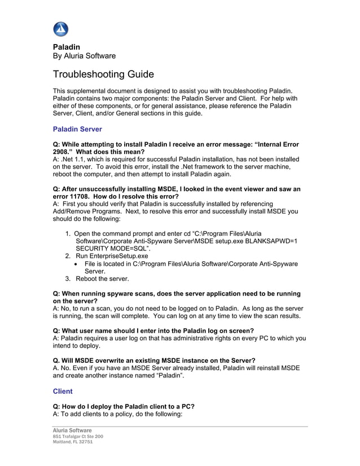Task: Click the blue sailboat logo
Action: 60,29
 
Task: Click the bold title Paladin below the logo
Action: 66,46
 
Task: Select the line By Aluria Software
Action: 84,56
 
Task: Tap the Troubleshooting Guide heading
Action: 103,74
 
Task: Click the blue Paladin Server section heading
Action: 77,129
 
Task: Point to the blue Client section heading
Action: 63,391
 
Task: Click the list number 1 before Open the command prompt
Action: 68,234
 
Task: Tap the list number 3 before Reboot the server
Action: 68,279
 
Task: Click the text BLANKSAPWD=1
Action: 271,241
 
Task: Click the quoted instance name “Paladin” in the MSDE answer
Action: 173,375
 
